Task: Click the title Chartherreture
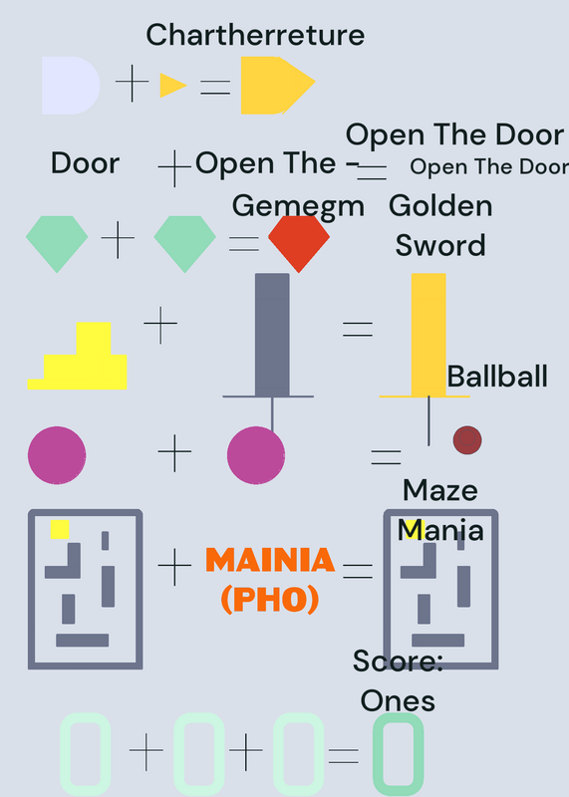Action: [x=255, y=35]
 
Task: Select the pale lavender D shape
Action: [x=71, y=86]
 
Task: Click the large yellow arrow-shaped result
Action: [x=278, y=86]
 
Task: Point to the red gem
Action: [x=299, y=244]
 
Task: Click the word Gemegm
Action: [x=299, y=206]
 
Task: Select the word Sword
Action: [x=440, y=245]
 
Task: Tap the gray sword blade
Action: [x=272, y=335]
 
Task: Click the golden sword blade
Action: [x=428, y=335]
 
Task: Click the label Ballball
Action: [x=497, y=377]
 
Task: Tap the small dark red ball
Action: [x=467, y=440]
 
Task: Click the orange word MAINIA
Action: [x=270, y=560]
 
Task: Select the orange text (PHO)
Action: [x=270, y=600]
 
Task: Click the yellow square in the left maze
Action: [x=60, y=530]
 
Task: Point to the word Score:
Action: [x=399, y=661]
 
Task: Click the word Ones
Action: [x=398, y=701]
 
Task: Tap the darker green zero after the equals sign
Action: [x=399, y=754]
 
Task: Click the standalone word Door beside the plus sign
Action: [x=86, y=163]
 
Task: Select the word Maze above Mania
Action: [x=440, y=490]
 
